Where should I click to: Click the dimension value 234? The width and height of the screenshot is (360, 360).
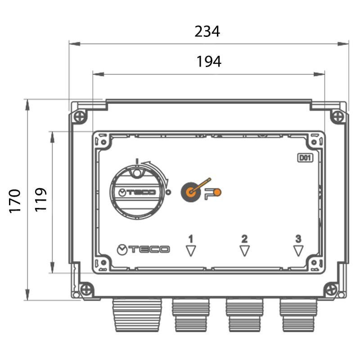[x=207, y=31]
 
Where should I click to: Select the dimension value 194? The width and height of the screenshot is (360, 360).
[x=209, y=62]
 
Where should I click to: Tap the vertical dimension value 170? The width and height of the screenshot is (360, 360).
[x=15, y=201]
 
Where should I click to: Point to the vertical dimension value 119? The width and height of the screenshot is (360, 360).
[x=40, y=199]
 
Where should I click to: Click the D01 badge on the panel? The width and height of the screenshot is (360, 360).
[x=305, y=158]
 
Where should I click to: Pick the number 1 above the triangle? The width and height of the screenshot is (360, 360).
[x=191, y=239]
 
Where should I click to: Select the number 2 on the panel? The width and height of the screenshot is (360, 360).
[x=244, y=239]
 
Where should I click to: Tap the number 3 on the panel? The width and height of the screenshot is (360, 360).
[x=298, y=239]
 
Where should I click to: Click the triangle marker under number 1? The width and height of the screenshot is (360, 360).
[x=191, y=250]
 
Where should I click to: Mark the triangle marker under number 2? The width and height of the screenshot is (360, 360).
[x=244, y=250]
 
